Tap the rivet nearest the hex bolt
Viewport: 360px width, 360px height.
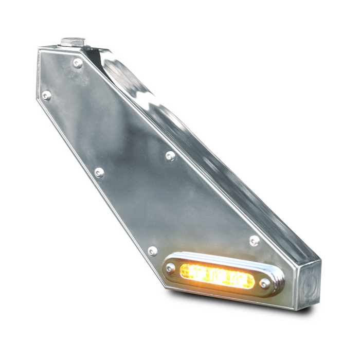pyautogui.click(x=78, y=63)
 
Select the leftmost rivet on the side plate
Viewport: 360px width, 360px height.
pyautogui.click(x=46, y=95)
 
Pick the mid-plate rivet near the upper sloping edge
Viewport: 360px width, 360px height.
pyautogui.click(x=170, y=155)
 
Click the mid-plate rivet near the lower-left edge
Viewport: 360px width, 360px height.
pyautogui.click(x=99, y=172)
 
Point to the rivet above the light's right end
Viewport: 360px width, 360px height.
pyautogui.click(x=254, y=240)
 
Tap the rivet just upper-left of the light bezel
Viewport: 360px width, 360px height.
pyautogui.click(x=153, y=251)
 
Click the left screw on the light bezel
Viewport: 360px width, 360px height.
pyautogui.click(x=170, y=268)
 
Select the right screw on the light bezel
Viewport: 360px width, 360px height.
pyautogui.click(x=265, y=283)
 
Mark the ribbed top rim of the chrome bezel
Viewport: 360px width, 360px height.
pyautogui.click(x=226, y=260)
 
